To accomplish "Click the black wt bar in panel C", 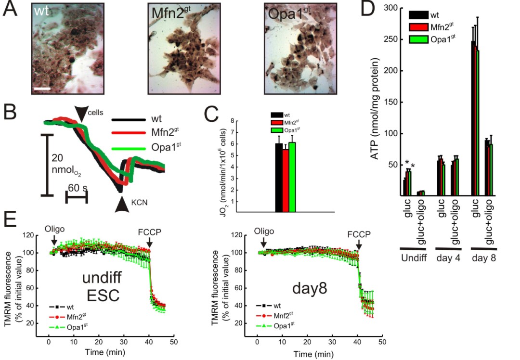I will [x=279, y=178].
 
